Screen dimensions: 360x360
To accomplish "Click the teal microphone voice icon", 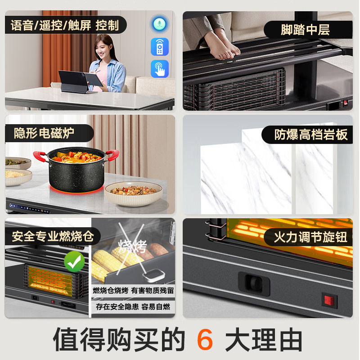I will (159, 24).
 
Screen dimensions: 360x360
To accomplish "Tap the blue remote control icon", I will (159, 47).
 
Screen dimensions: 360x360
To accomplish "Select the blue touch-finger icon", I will (159, 69).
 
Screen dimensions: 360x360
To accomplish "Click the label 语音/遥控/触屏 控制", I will (65, 25).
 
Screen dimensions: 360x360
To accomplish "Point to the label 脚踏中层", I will (305, 30).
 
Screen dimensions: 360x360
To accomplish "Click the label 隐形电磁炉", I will (44, 133).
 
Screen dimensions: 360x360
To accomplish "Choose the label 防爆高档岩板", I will (310, 135).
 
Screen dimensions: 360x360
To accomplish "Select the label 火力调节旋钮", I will (310, 237).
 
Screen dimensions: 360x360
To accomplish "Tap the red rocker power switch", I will (329, 300).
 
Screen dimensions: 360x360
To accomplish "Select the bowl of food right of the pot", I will (133, 192).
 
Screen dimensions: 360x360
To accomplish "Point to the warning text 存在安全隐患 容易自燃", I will (133, 306).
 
